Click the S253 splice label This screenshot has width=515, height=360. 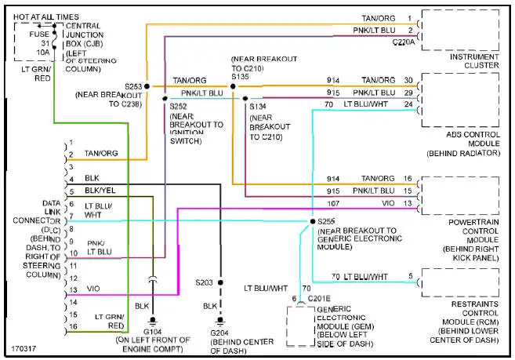coord(133,85)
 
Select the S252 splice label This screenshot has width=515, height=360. coord(179,106)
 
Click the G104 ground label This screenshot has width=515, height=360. coord(152,332)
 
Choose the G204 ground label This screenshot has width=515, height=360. coord(220,332)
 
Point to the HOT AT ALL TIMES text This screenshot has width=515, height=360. coord(45,16)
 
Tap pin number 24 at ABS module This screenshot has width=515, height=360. coord(408,104)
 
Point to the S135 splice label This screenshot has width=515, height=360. coord(241,78)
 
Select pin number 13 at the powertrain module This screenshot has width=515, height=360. coord(408,203)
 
